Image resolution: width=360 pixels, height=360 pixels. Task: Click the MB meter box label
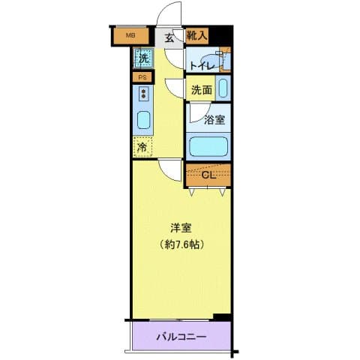130,35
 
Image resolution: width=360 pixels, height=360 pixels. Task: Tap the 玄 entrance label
169,36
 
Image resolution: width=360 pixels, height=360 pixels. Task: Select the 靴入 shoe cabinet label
196,35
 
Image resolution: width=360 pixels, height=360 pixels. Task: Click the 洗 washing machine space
142,56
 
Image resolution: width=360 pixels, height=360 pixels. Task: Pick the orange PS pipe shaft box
141,77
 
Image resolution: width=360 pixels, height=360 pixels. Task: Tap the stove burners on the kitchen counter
142,94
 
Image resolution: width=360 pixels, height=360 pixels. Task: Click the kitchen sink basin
142,120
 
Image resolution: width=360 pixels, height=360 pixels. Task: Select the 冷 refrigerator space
142,148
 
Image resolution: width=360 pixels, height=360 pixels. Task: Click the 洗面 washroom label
200,90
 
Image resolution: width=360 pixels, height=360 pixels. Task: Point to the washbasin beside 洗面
223,87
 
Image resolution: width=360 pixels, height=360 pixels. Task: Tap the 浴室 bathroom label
214,118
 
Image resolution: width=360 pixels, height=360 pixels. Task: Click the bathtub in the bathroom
208,145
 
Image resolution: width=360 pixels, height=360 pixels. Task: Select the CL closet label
209,175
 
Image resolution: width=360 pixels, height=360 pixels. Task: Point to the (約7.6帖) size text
181,244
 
